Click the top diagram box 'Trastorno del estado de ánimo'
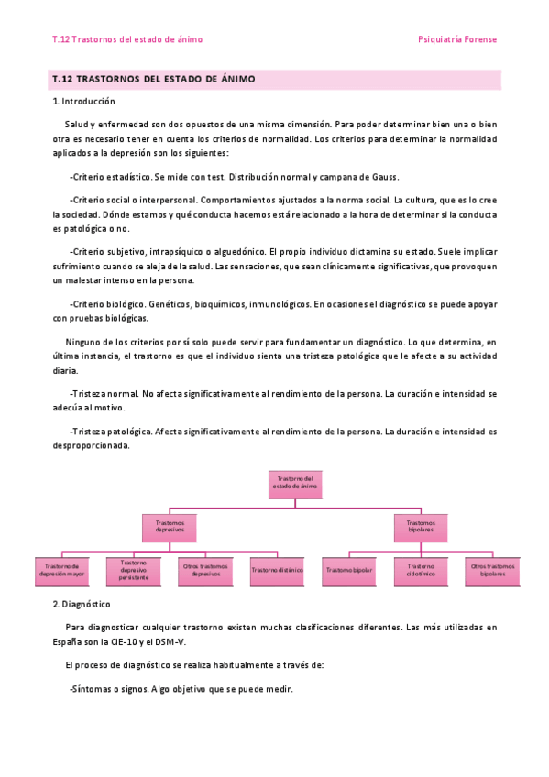coord(294,483)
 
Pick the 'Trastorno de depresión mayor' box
coord(61,570)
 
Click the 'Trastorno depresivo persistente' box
coord(134,570)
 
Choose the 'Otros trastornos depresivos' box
coord(205,570)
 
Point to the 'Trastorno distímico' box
coord(277,570)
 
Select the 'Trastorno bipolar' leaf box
coord(349,570)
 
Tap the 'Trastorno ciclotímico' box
coord(421,570)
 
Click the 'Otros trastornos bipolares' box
coord(492,570)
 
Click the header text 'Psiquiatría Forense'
coord(456,39)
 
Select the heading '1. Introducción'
coord(84,101)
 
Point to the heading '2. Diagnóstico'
coord(82,605)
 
